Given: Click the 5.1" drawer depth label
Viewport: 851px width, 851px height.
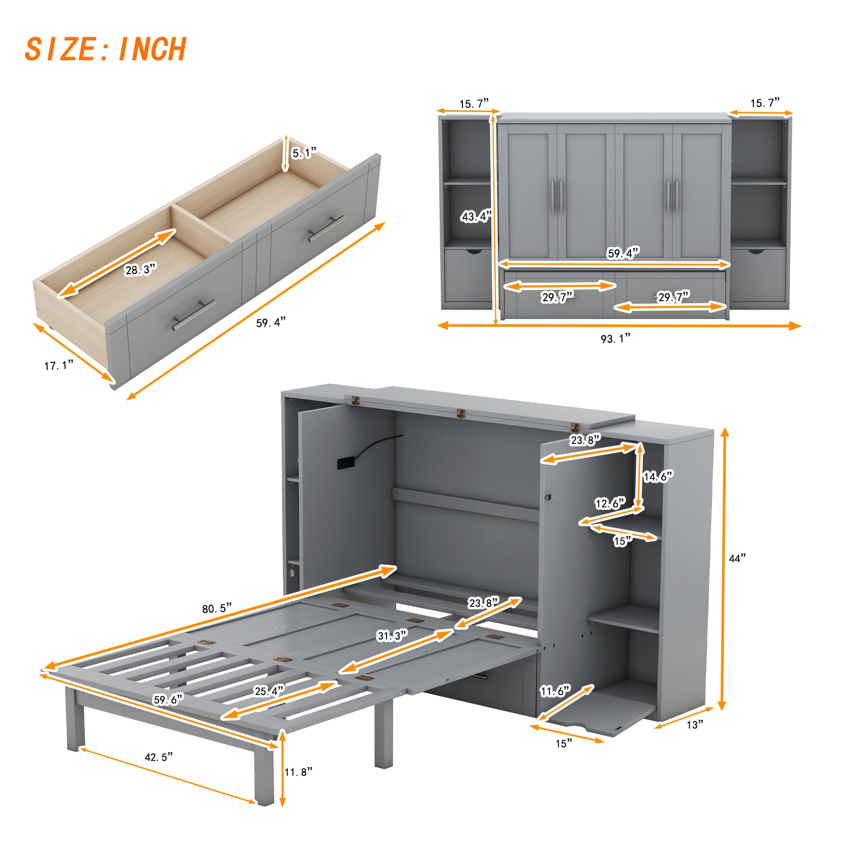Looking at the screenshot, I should tap(304, 153).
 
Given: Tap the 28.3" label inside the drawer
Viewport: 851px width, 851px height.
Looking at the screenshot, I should tap(140, 269).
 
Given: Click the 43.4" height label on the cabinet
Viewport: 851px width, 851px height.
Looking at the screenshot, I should tap(476, 216).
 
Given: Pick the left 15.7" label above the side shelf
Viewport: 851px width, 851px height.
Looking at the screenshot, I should tap(474, 104).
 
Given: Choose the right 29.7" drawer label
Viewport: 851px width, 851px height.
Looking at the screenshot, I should tap(673, 297).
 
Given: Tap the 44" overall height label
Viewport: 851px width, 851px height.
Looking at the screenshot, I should tap(737, 558).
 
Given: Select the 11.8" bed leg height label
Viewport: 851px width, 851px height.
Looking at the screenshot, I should tap(298, 772).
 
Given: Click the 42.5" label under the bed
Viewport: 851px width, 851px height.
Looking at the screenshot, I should tap(159, 757).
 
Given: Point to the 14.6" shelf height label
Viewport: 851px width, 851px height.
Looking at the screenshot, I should tap(658, 476).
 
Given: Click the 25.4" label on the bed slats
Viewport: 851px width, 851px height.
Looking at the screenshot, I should tap(269, 691).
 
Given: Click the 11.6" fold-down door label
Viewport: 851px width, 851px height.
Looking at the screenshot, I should tap(555, 691).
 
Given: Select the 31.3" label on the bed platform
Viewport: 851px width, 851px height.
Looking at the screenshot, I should tap(391, 635).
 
